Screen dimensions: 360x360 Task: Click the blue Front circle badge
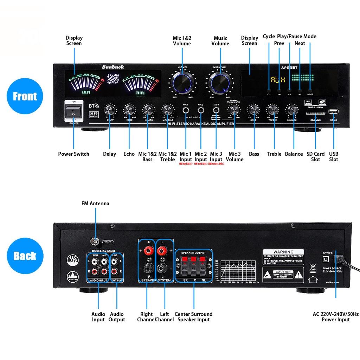point(25,96)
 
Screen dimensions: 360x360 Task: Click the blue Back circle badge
point(25,256)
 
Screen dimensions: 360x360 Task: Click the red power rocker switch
point(74,111)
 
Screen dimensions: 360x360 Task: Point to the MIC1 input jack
point(185,111)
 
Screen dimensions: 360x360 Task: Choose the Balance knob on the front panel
point(291,111)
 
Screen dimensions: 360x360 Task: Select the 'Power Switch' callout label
point(73,154)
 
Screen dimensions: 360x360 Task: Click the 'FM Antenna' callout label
point(95,203)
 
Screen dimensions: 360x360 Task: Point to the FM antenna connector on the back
point(94,242)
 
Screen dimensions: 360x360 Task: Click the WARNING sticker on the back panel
point(283,257)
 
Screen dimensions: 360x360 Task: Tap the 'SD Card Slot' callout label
point(315,156)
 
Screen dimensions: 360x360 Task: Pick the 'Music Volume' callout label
point(220,41)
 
